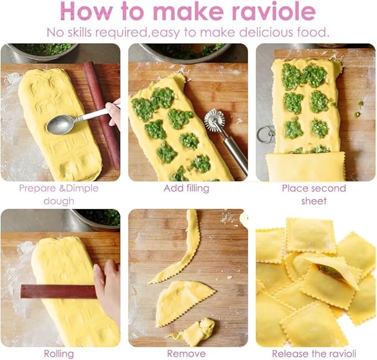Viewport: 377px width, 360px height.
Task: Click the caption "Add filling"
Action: click(187, 189)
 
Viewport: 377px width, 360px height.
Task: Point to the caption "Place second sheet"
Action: click(314, 194)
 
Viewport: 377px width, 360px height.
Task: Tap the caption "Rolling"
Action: click(59, 353)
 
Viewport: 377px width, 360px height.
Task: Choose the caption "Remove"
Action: click(187, 353)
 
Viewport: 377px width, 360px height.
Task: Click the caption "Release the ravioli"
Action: click(314, 353)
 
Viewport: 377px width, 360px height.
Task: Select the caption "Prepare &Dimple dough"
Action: click(58, 194)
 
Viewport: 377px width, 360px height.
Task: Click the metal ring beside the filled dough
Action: click(265, 134)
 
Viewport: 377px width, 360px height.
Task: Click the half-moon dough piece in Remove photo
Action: click(183, 299)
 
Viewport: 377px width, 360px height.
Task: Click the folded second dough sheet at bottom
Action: click(305, 166)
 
